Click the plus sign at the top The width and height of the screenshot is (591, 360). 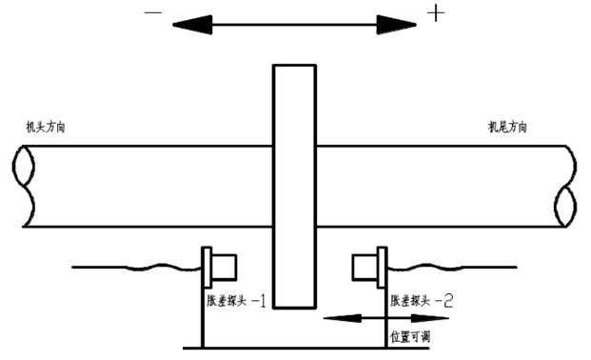pyautogui.click(x=436, y=13)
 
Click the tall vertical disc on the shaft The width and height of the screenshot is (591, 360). pyautogui.click(x=294, y=186)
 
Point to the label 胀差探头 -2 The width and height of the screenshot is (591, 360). pyautogui.click(x=422, y=301)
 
